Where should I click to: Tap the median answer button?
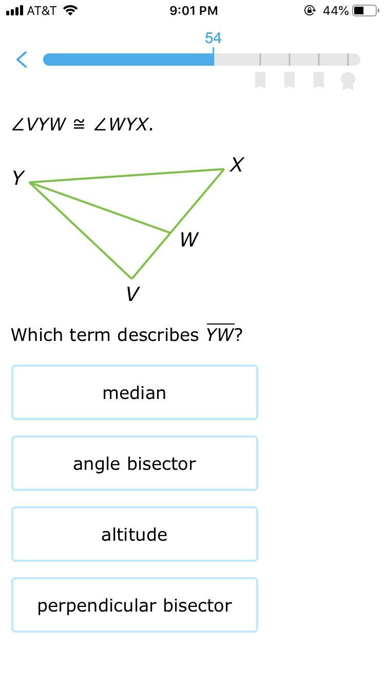point(134,393)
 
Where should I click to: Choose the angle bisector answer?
point(134,464)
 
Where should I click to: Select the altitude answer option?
point(134,535)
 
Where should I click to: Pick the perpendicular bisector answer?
point(134,605)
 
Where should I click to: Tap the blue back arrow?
point(22,60)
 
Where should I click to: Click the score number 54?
point(213,38)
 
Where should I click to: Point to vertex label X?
point(237,165)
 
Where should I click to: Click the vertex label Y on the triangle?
point(18,178)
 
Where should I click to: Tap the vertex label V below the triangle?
point(132,294)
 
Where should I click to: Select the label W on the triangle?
point(189,239)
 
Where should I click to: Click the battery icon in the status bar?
point(365,11)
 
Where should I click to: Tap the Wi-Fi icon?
point(70,10)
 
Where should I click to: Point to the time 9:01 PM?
point(194,11)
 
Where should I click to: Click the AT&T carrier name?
point(42,11)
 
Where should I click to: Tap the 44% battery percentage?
point(336,11)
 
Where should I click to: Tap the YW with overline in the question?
point(220,335)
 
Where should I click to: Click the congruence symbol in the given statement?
point(79,124)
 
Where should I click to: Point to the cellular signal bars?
point(14,11)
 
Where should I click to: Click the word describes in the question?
point(158,335)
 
